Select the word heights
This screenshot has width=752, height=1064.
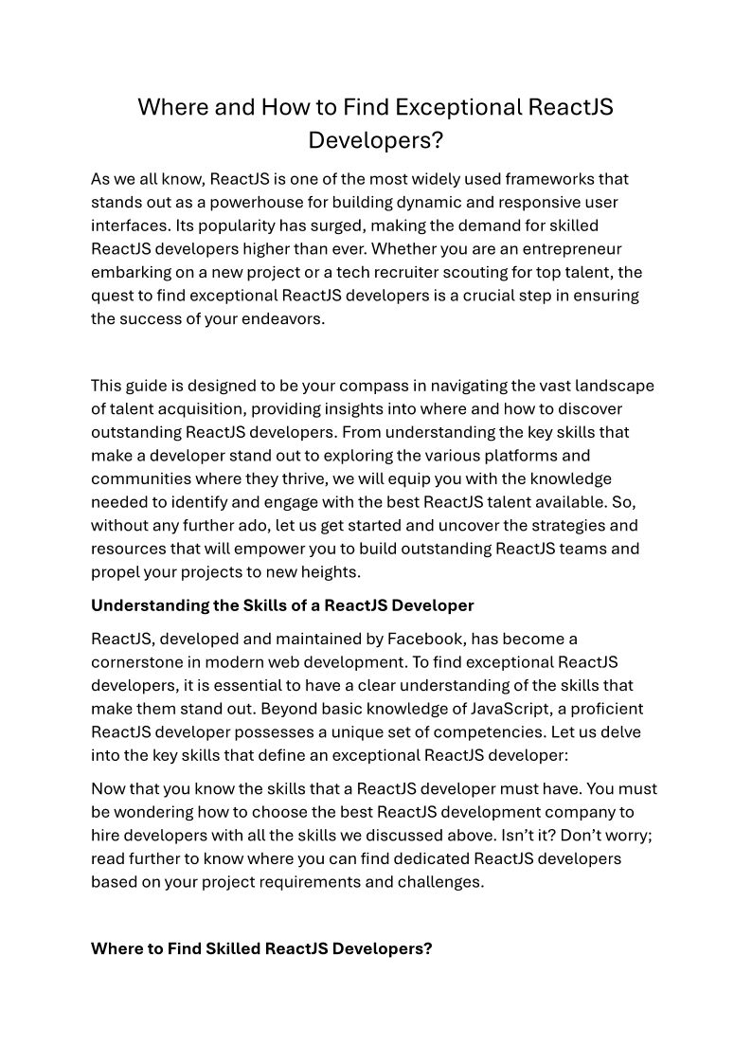tap(329, 571)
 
